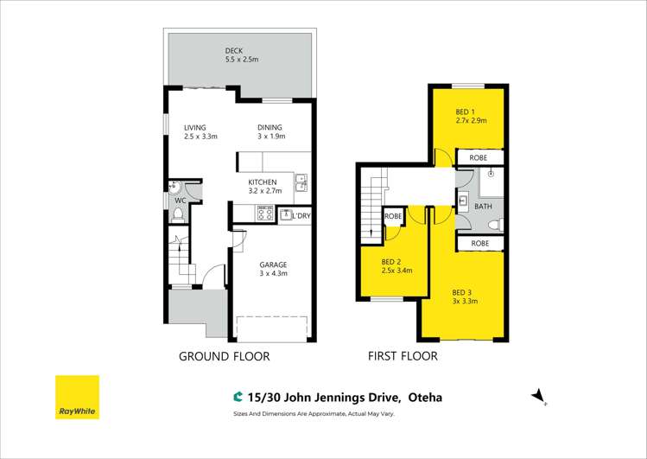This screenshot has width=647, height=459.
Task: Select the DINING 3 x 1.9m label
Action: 270,132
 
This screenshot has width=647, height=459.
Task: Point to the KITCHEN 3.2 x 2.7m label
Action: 263,187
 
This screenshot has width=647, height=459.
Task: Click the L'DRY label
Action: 301,215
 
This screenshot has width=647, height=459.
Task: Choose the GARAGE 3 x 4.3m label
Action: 273,269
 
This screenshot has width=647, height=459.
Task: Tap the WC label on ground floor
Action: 181,201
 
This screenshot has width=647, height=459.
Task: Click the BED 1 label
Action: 470,116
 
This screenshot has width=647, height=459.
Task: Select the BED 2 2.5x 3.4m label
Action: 397,265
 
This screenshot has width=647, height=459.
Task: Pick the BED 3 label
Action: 464,296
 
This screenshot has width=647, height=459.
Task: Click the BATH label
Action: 483,207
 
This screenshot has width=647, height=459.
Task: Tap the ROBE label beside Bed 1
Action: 478,158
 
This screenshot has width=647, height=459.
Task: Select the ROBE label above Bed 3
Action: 479,244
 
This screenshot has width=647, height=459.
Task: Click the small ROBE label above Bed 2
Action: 393,216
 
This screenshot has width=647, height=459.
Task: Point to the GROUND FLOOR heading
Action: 224,356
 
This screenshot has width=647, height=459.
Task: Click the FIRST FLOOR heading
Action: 403,356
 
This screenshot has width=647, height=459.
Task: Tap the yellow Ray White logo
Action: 77,397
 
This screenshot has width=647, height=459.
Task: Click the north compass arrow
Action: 540,395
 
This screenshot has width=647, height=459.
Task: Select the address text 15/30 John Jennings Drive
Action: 324,398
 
